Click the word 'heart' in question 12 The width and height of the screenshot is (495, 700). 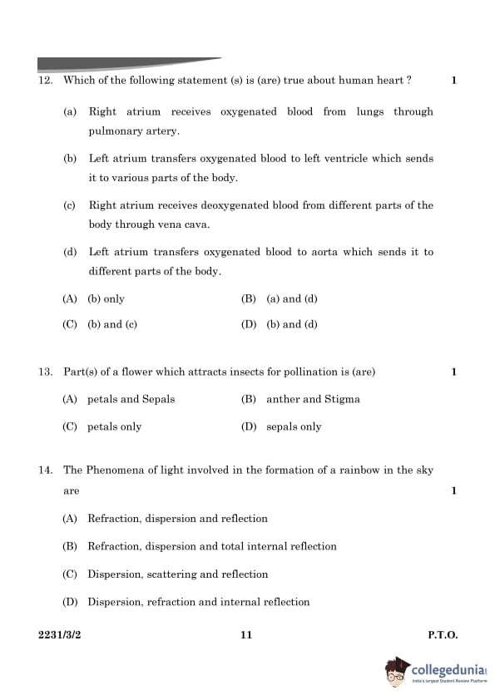pos(387,81)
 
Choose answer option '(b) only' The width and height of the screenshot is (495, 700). pos(106,298)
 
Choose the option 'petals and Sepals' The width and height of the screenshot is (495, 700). pos(131,399)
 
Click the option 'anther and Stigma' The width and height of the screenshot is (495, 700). pos(313,399)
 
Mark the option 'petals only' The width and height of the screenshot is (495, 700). pos(115,426)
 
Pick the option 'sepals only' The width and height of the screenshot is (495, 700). pos(294,426)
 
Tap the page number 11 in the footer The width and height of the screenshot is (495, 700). pos(245,635)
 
